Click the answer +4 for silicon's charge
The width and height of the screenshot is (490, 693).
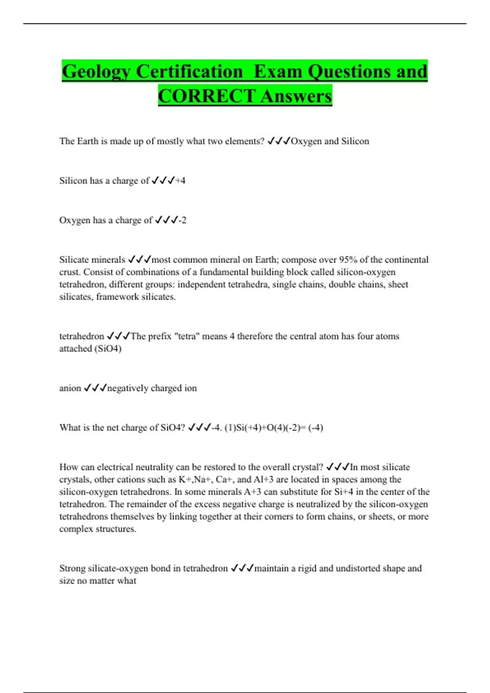click(180, 181)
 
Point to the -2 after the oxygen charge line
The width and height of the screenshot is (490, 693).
click(182, 220)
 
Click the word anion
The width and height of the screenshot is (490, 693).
click(70, 388)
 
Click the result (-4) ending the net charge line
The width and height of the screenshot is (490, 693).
click(316, 428)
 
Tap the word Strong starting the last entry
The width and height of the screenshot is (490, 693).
click(72, 568)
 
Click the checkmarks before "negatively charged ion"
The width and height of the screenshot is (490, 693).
click(95, 388)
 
